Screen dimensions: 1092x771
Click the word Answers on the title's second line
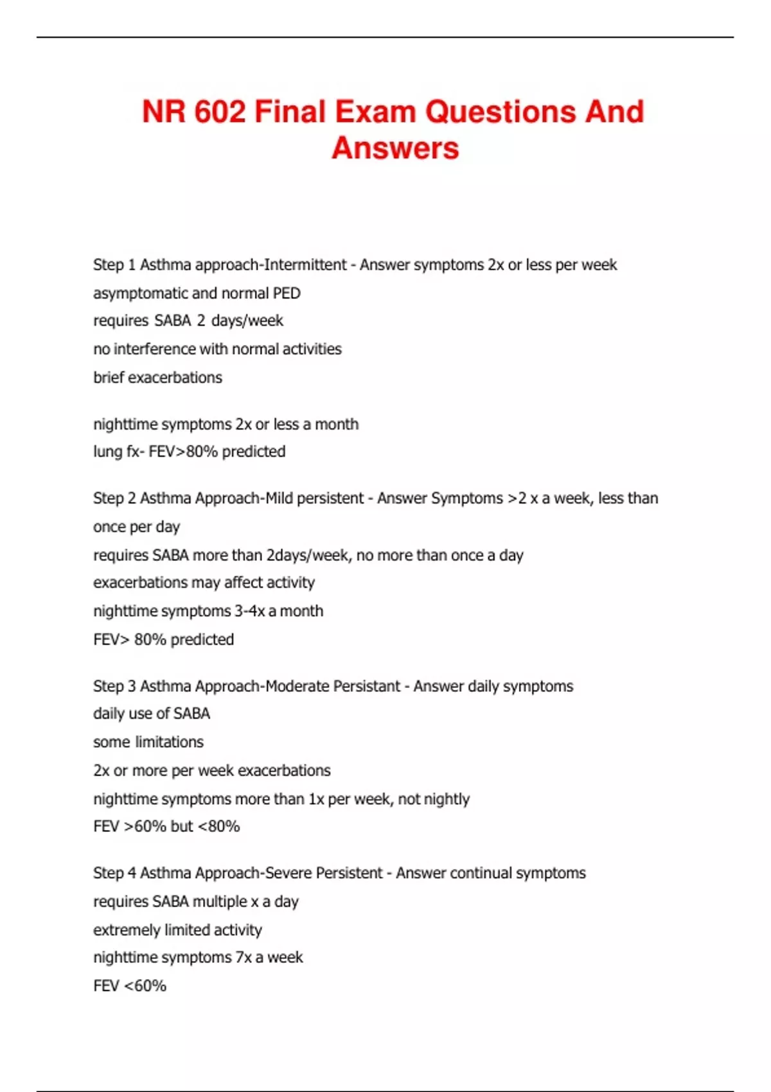(x=395, y=148)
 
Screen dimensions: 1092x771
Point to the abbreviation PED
(x=287, y=293)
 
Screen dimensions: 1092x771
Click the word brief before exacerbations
(x=109, y=377)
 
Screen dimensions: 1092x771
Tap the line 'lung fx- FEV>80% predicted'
(x=189, y=452)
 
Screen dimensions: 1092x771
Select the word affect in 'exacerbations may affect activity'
(x=244, y=583)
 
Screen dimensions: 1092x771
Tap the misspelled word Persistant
(x=366, y=686)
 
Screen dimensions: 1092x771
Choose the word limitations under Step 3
(x=169, y=742)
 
